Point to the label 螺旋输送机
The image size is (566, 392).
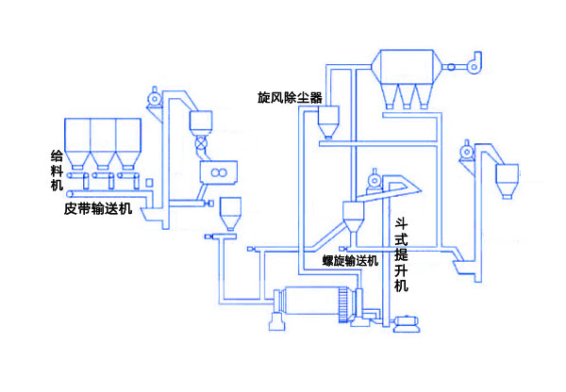click(x=350, y=260)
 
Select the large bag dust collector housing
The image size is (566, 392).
click(x=407, y=65)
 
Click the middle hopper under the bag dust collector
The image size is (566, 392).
click(x=407, y=94)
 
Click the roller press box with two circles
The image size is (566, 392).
click(x=218, y=173)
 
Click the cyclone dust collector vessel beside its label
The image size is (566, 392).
click(x=329, y=121)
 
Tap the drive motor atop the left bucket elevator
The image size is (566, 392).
click(x=153, y=97)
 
